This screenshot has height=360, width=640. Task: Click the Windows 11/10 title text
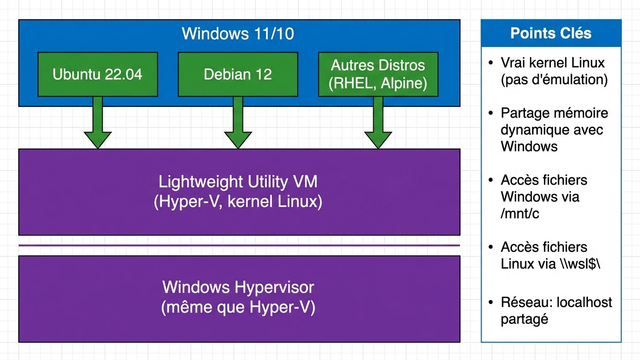tap(238, 34)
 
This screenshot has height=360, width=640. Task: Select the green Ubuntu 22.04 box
tap(98, 75)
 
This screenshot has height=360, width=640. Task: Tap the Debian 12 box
tap(238, 75)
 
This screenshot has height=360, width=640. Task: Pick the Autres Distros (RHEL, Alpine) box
tap(378, 75)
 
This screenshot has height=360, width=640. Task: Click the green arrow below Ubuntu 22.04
tap(98, 124)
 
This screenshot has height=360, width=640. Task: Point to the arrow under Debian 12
tap(238, 124)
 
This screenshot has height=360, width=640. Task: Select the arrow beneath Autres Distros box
tap(378, 124)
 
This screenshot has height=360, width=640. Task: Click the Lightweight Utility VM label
tap(238, 182)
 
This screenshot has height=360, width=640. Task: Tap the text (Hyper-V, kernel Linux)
tap(238, 202)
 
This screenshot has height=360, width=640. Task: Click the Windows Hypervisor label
tap(238, 287)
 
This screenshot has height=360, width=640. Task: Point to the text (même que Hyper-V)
tap(238, 307)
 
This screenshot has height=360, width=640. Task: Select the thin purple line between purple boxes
tap(239, 245)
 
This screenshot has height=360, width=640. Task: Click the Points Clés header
tap(550, 33)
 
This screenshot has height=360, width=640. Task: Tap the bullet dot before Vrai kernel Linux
tap(490, 63)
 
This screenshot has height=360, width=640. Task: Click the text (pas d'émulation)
tap(554, 80)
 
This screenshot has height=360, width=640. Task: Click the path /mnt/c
tap(520, 213)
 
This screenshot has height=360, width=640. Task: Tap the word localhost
tap(584, 302)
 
